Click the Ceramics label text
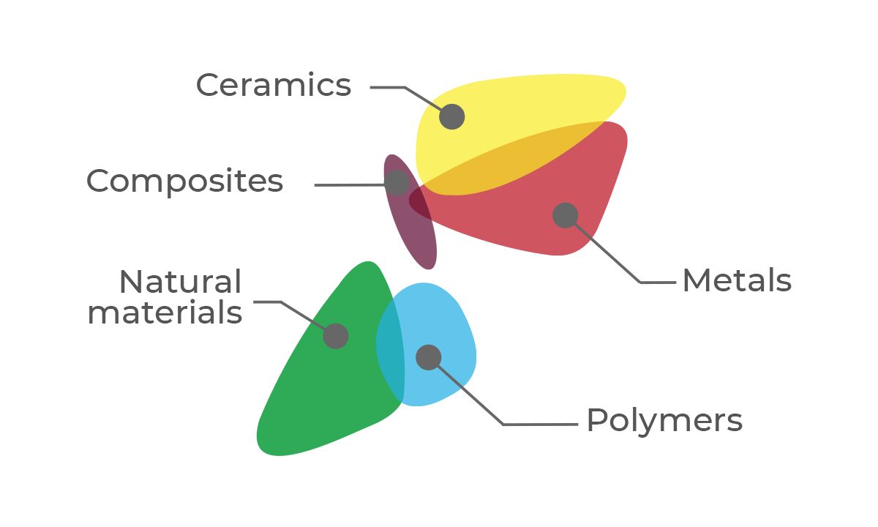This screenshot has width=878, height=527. coord(274,86)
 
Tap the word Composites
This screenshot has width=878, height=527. coord(184,181)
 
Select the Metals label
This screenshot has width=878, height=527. coord(737,281)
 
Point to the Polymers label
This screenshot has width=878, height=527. coord(664,421)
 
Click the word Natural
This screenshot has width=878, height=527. coord(180,282)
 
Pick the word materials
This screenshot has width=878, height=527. coord(165,313)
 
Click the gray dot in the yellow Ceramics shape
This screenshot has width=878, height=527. coord(452,116)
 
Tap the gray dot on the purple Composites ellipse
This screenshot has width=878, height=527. coord(397,183)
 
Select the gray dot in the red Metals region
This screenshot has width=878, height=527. coord(565,215)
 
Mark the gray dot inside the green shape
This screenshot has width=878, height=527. coord(336,336)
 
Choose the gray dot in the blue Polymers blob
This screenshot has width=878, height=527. coord(429,357)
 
